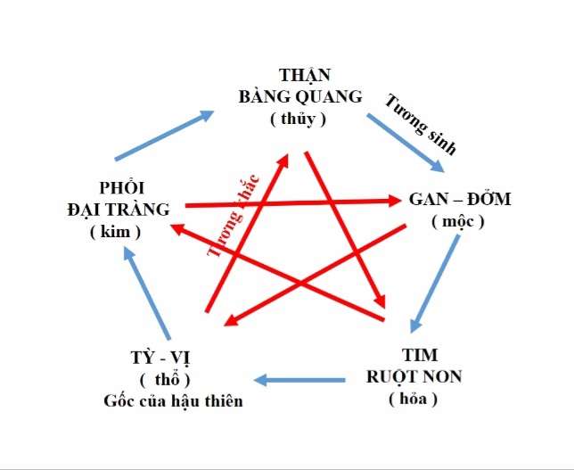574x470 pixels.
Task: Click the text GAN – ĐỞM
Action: point(460,199)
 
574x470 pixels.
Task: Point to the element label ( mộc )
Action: point(457,222)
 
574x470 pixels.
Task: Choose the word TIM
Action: point(414,354)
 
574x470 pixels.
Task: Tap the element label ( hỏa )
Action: point(413,399)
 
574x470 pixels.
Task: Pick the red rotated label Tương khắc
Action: point(232,215)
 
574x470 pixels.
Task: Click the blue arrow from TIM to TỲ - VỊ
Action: point(301,381)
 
